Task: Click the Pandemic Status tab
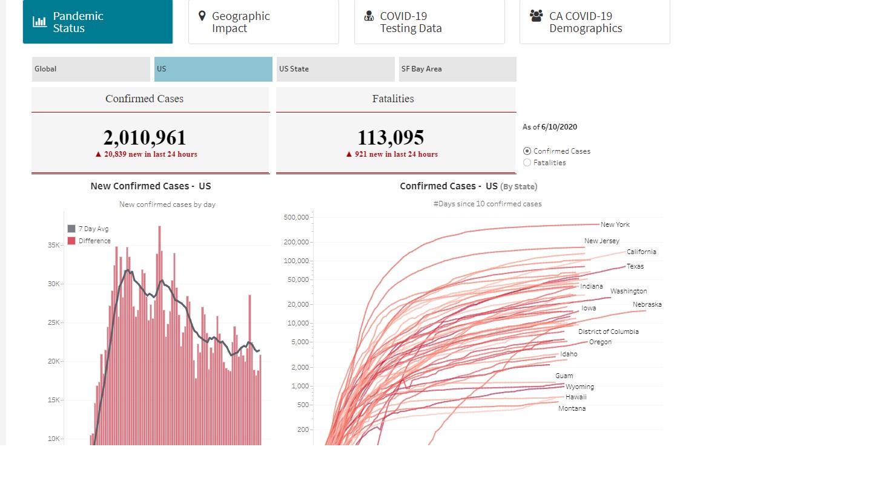(x=97, y=22)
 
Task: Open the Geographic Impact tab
(x=263, y=22)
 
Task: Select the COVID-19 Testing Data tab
(x=429, y=22)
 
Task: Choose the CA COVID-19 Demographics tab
(x=595, y=22)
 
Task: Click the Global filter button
(x=91, y=69)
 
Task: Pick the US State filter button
(x=335, y=69)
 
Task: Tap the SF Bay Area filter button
(x=457, y=69)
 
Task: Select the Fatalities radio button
(x=527, y=163)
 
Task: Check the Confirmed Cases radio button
(x=527, y=151)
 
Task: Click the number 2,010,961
(x=145, y=137)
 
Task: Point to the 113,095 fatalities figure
(x=391, y=137)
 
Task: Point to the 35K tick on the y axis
(x=54, y=245)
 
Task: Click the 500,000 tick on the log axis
(x=296, y=217)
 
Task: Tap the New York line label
(x=615, y=224)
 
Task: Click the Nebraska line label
(x=647, y=304)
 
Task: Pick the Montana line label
(x=572, y=408)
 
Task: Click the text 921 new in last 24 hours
(x=395, y=154)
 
